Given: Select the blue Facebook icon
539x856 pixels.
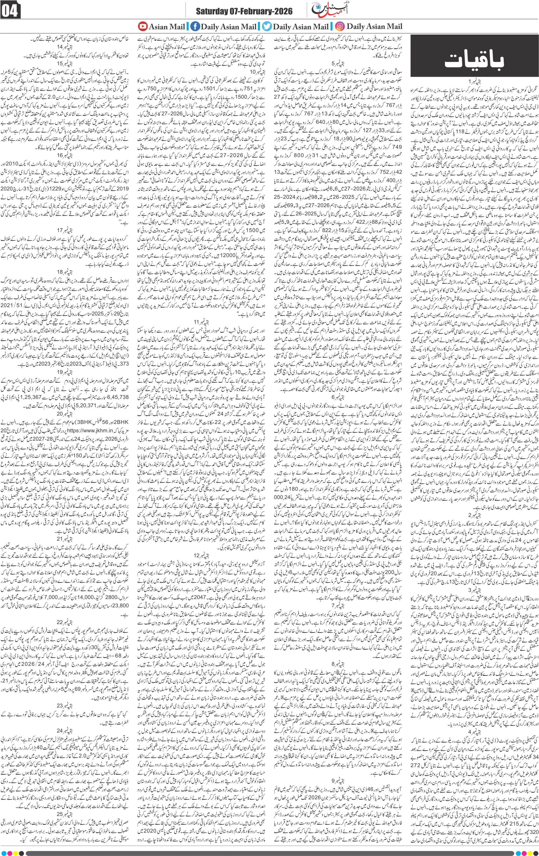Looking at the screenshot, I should [x=195, y=26].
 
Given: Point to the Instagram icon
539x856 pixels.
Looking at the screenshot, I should [x=340, y=26].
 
